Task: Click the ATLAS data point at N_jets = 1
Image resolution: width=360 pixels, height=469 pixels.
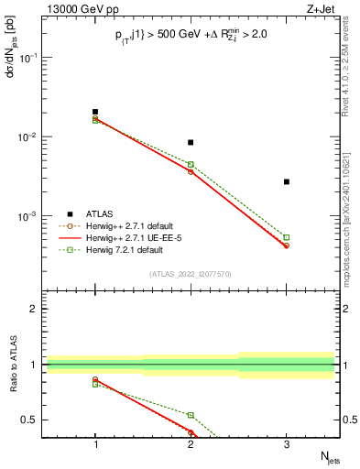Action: pyautogui.click(x=95, y=112)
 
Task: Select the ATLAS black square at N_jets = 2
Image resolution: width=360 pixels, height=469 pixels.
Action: pyautogui.click(x=191, y=142)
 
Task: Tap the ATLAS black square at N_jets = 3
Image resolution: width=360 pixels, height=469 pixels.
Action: pyautogui.click(x=286, y=181)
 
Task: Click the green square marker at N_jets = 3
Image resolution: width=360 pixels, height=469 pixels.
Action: pyautogui.click(x=286, y=237)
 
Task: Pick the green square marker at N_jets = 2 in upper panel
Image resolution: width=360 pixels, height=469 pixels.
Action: pyautogui.click(x=191, y=164)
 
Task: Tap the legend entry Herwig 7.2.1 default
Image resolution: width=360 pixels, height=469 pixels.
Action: pyautogui.click(x=123, y=249)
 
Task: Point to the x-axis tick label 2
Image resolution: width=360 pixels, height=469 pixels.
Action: pyautogui.click(x=191, y=444)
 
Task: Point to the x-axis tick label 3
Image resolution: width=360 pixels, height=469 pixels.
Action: pyautogui.click(x=286, y=444)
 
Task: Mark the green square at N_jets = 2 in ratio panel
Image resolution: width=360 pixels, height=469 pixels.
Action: pyautogui.click(x=191, y=415)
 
